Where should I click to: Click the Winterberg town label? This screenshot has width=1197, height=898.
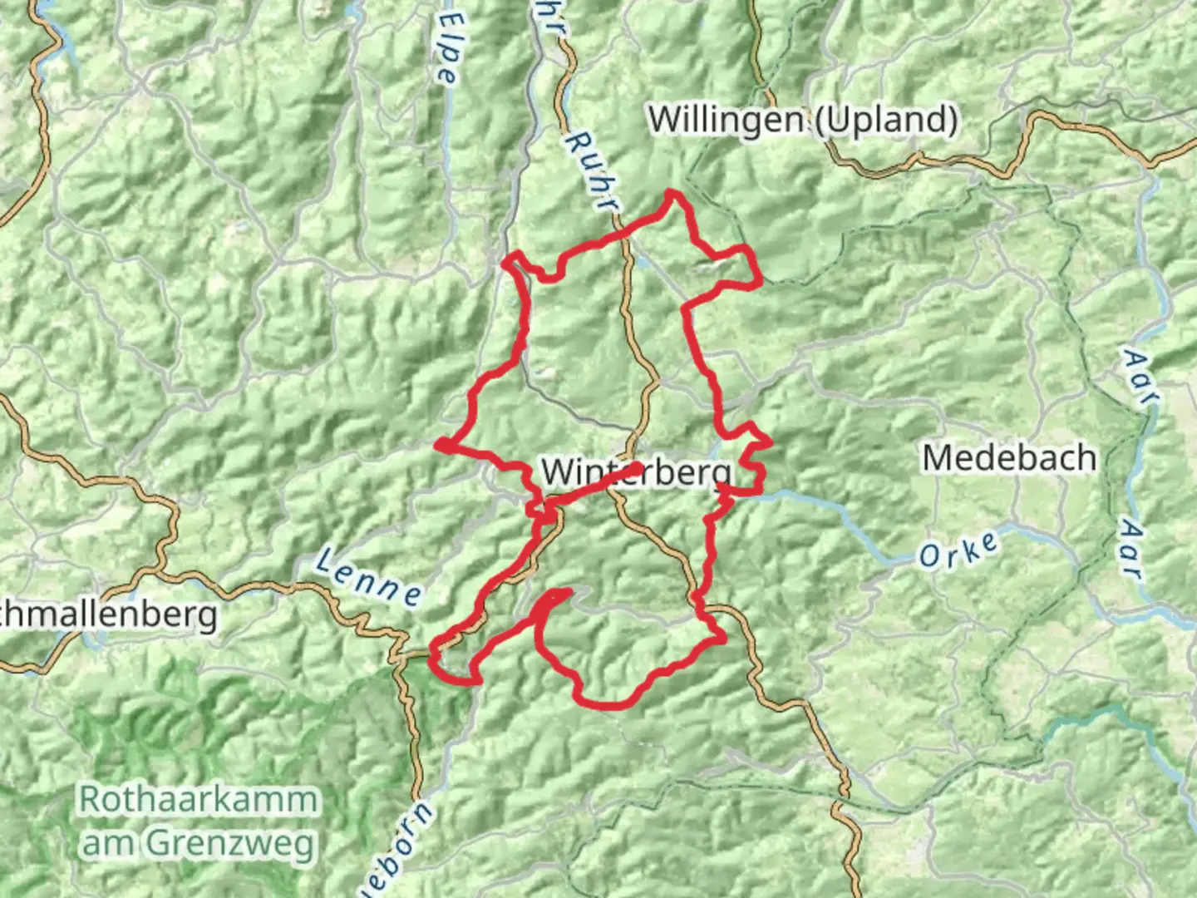(x=637, y=473)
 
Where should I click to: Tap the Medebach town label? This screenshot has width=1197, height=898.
(x=1009, y=458)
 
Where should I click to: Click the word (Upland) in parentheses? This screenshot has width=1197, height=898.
(x=885, y=120)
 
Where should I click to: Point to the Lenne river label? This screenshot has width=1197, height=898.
(x=368, y=577)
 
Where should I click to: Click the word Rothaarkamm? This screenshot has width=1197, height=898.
(x=199, y=800)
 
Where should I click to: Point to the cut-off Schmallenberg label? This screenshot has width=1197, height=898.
(x=108, y=616)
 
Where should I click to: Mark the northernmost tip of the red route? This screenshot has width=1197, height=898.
(x=672, y=194)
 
